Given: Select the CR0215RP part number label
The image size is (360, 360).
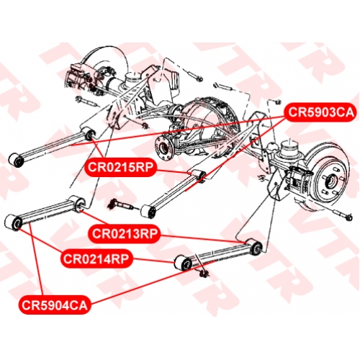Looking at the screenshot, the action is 120,167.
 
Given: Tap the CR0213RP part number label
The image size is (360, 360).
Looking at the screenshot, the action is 125,233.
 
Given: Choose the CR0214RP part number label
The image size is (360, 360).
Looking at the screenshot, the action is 96,258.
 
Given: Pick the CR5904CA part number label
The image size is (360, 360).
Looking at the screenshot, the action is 55,305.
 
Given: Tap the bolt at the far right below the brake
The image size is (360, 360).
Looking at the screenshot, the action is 343,215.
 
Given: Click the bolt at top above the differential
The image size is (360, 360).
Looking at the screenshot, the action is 195,75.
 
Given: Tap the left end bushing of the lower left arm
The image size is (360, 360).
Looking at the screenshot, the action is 14,222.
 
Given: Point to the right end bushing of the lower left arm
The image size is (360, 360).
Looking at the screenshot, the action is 77,203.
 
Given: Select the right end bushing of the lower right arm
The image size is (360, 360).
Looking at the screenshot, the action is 254,246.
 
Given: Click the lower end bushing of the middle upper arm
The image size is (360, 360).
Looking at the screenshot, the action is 149,212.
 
